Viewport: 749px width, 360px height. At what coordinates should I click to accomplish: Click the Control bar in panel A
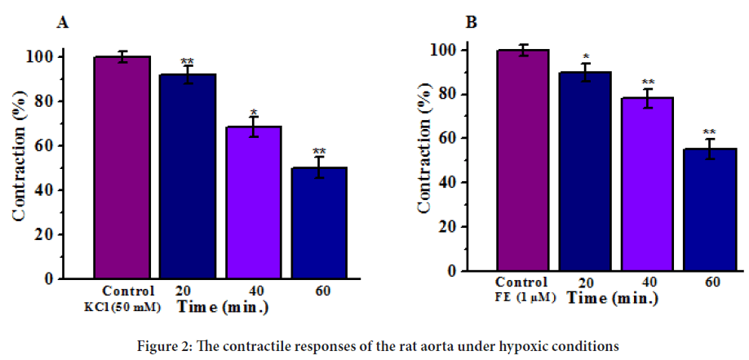122,167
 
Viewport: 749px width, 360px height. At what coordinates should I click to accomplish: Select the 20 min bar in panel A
187,176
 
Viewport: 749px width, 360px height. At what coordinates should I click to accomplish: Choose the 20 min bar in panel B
585,171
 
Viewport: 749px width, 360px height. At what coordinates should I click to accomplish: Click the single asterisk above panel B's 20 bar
585,56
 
